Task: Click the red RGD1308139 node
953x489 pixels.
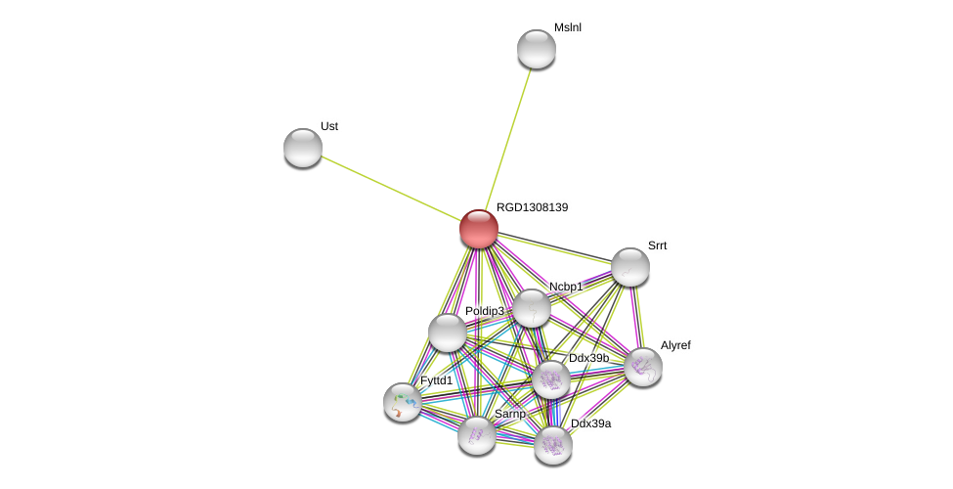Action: pyautogui.click(x=479, y=229)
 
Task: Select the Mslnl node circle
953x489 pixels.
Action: pyautogui.click(x=537, y=49)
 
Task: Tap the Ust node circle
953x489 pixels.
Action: pyautogui.click(x=303, y=148)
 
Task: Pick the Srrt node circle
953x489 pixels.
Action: pyautogui.click(x=630, y=267)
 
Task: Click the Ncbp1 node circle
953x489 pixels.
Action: pyautogui.click(x=532, y=308)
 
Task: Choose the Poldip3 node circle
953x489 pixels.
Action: pyautogui.click(x=448, y=333)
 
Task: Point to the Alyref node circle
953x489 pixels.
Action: pyautogui.click(x=643, y=367)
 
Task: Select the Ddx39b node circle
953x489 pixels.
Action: pyautogui.click(x=551, y=379)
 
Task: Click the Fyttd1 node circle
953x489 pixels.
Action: pyautogui.click(x=403, y=402)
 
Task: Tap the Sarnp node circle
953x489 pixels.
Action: pyautogui.click(x=477, y=435)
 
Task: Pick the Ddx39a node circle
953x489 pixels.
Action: pyautogui.click(x=553, y=445)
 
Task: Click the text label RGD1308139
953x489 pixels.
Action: pyautogui.click(x=532, y=207)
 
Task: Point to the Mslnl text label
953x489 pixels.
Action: pyautogui.click(x=567, y=27)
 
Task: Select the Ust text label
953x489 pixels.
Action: pyautogui.click(x=329, y=126)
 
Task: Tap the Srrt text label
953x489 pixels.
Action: pyautogui.click(x=657, y=245)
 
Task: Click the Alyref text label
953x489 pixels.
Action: pyautogui.click(x=675, y=345)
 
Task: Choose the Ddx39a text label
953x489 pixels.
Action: pyautogui.click(x=590, y=423)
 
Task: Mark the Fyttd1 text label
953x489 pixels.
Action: pyautogui.click(x=436, y=380)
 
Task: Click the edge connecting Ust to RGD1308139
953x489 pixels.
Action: pyautogui.click(x=391, y=188)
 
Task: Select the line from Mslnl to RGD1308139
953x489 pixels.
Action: pyautogui.click(x=508, y=137)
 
